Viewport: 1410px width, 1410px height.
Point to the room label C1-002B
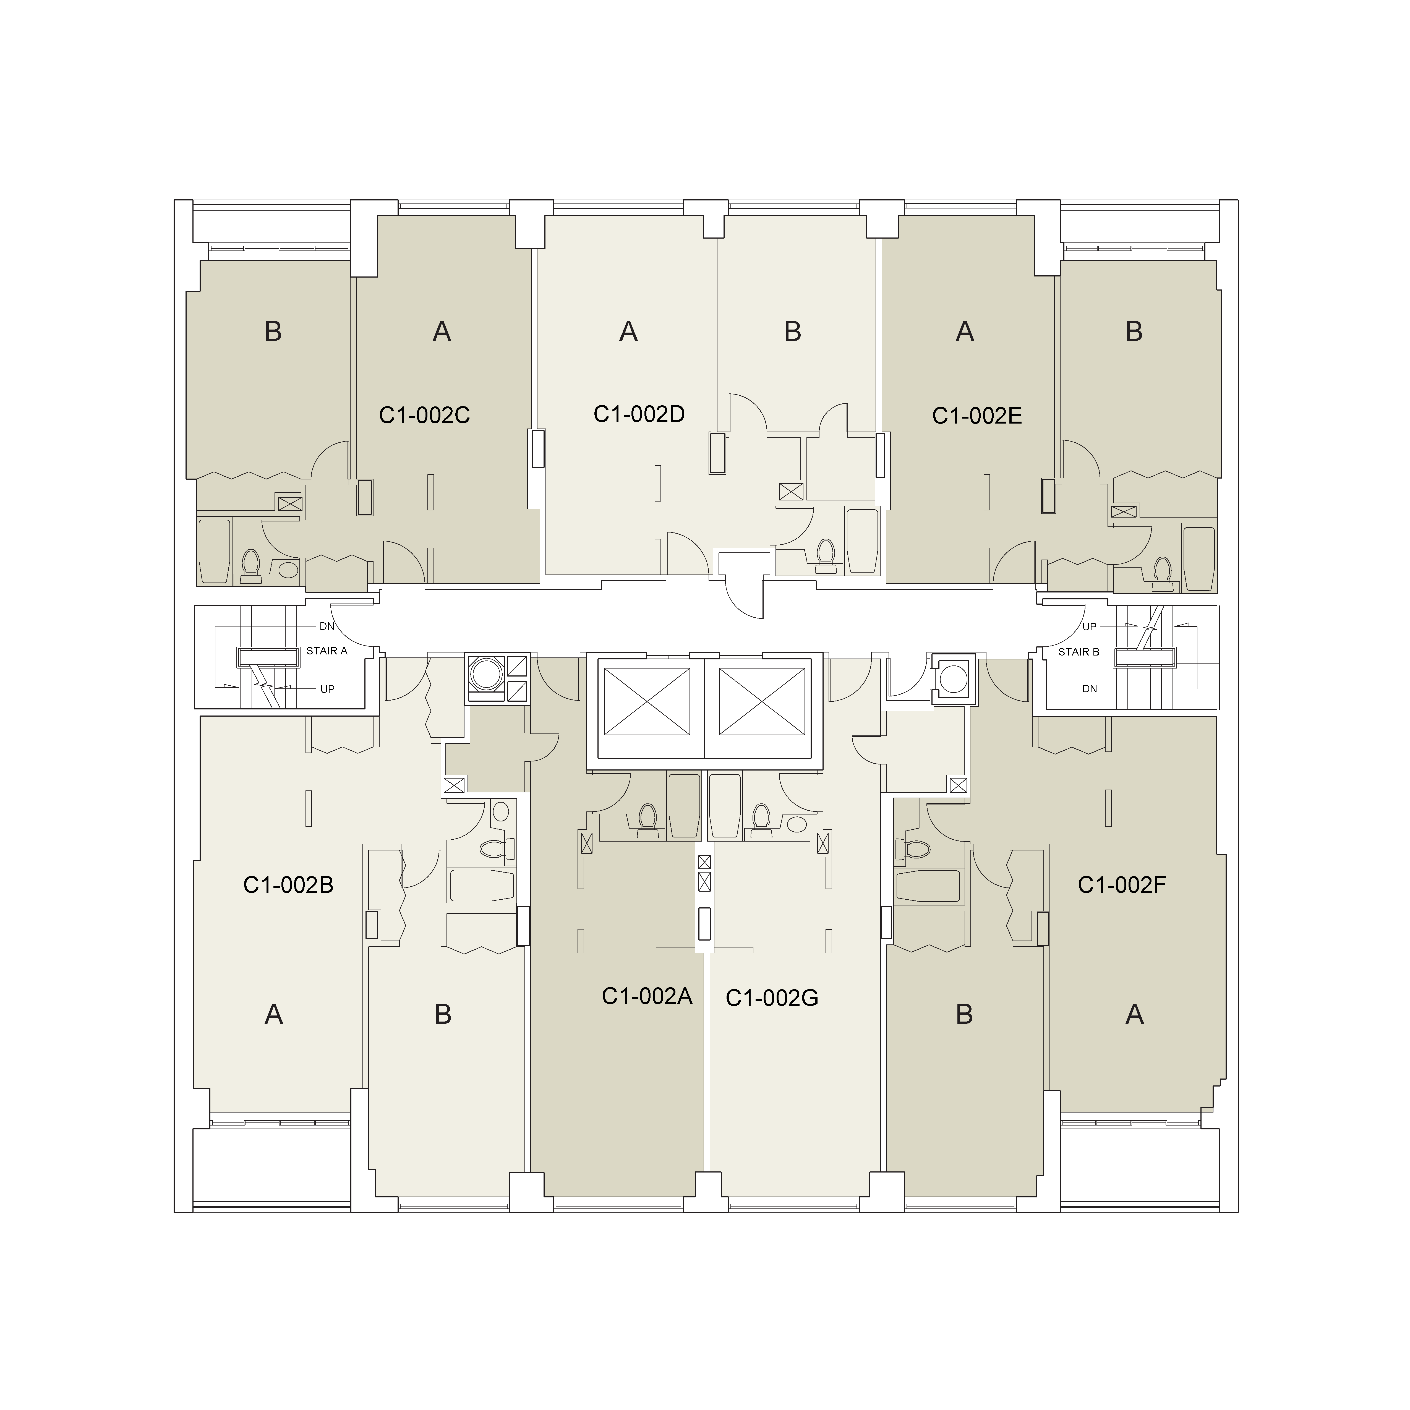[x=288, y=884]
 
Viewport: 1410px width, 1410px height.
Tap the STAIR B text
[x=1079, y=652]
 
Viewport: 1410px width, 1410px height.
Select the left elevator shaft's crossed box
[x=648, y=702]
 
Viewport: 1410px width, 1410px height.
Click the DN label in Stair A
[x=327, y=626]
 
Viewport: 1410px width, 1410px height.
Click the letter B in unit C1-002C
[x=273, y=331]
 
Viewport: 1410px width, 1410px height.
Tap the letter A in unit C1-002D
[x=628, y=331]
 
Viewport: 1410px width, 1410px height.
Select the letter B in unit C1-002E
[x=1134, y=331]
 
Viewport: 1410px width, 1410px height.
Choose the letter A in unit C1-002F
[x=1134, y=1014]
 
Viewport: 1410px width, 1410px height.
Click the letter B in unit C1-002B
[x=443, y=1014]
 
